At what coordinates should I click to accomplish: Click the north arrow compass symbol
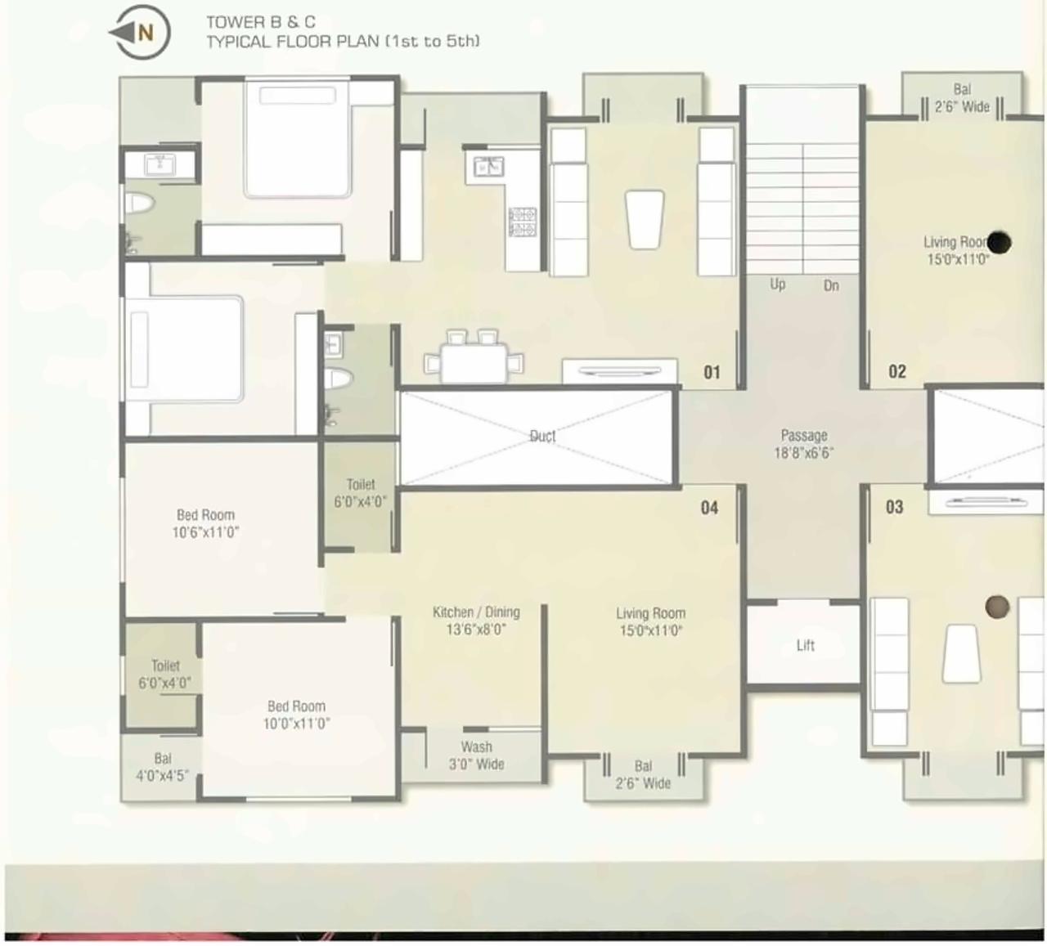click(x=140, y=34)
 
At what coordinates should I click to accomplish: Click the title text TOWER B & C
click(x=260, y=23)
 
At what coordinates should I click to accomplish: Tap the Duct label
click(x=542, y=437)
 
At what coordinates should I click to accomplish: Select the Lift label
click(x=805, y=646)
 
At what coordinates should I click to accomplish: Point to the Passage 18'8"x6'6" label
click(x=803, y=444)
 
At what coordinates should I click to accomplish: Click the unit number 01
click(x=712, y=373)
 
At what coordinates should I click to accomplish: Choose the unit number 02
click(x=897, y=372)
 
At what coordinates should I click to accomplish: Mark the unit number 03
click(x=895, y=508)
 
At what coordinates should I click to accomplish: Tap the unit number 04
click(x=709, y=508)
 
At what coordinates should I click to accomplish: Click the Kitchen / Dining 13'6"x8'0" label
click(x=476, y=621)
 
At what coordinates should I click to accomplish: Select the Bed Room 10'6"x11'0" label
click(x=205, y=523)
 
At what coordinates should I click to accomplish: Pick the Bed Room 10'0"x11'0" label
click(x=296, y=715)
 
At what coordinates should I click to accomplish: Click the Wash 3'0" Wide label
click(x=476, y=755)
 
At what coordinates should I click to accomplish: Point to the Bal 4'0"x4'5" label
click(x=162, y=767)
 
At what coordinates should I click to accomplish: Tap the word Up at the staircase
click(x=777, y=285)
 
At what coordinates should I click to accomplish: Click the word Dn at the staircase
click(x=831, y=285)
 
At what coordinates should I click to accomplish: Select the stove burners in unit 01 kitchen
click(x=523, y=222)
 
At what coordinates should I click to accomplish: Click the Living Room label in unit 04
click(x=650, y=621)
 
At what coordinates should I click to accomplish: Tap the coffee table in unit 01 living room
click(x=645, y=219)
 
